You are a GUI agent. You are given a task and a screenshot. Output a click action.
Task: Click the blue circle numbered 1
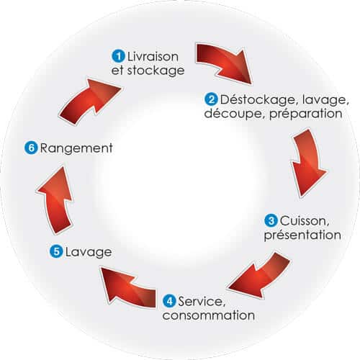(118, 56)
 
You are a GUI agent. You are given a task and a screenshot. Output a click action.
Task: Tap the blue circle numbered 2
(211, 99)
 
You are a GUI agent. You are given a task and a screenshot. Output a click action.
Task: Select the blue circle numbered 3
(271, 220)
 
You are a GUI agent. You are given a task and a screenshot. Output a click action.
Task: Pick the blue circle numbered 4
(169, 301)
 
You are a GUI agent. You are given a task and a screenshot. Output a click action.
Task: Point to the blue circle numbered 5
(56, 252)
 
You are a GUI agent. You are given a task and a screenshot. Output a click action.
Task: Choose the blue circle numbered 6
(31, 148)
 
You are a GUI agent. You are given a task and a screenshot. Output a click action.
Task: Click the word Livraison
(153, 57)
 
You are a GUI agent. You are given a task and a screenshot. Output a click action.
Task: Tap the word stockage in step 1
(156, 71)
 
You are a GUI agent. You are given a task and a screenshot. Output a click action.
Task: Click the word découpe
(235, 114)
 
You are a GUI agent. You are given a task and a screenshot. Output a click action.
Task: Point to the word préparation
(306, 114)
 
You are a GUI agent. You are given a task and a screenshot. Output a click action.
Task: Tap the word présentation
(302, 235)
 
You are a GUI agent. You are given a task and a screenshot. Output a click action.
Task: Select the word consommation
(209, 315)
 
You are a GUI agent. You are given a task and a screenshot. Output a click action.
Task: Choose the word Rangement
(76, 148)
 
